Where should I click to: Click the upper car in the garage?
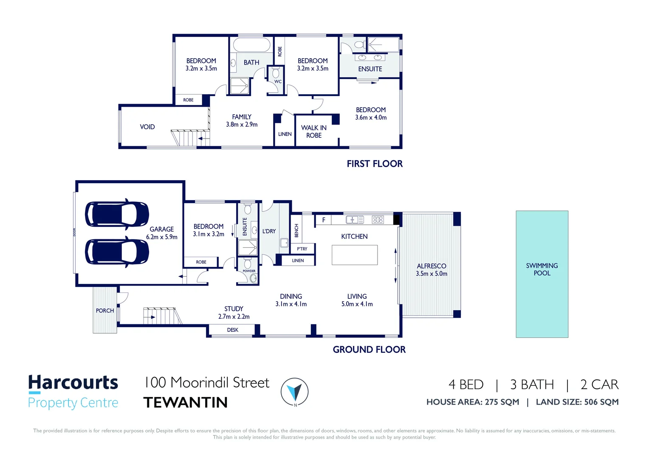[117, 214]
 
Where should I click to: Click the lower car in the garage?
[117, 251]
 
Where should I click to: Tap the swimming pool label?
[542, 269]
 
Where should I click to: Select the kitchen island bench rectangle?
[355, 255]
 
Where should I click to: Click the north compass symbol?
[294, 391]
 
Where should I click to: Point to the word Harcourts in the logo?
[73, 382]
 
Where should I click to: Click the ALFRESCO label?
[431, 266]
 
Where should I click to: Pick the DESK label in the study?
[232, 330]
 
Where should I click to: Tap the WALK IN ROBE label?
[314, 131]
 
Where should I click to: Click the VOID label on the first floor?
[147, 127]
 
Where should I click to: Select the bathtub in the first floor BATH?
[251, 45]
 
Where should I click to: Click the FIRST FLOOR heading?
[375, 164]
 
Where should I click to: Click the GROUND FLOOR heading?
[369, 349]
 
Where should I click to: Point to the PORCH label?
[105, 311]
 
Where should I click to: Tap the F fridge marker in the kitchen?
[324, 220]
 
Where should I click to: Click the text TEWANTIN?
[186, 402]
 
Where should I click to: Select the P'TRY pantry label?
[302, 249]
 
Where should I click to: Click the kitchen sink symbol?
[355, 220]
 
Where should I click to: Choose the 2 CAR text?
[599, 384]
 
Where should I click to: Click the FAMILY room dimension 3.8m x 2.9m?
[242, 125]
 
